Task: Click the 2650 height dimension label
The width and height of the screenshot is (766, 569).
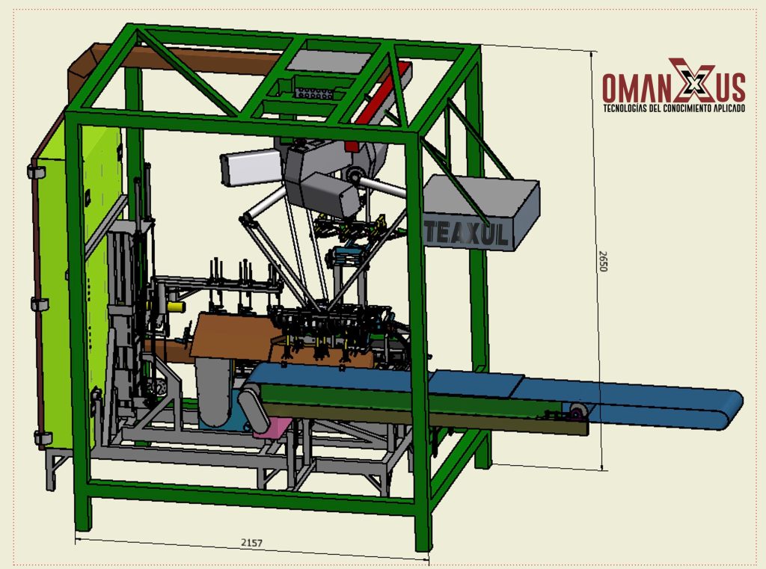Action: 603,261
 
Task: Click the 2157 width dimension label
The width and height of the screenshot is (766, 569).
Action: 251,542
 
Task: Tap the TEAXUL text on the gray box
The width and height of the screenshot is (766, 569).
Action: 465,233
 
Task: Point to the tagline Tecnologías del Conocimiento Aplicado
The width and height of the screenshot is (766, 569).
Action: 674,108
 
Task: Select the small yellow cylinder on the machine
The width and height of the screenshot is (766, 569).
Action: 176,307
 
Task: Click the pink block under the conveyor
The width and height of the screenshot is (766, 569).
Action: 272,428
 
